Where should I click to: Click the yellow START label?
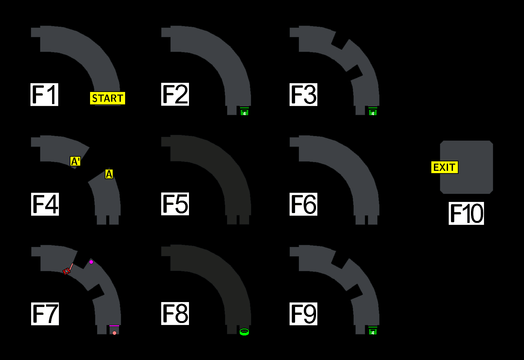(x=107, y=98)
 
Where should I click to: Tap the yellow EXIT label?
(x=444, y=167)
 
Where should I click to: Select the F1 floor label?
(x=44, y=95)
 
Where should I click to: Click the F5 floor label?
(x=175, y=204)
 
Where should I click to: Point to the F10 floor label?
(x=466, y=213)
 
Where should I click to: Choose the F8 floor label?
(x=175, y=314)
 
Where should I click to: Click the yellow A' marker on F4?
(x=75, y=161)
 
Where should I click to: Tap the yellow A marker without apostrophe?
(x=109, y=174)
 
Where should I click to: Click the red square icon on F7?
(x=66, y=271)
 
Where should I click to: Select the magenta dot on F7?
(x=91, y=262)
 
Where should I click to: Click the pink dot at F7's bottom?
(x=114, y=333)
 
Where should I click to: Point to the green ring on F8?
(x=244, y=332)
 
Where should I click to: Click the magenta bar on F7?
(x=114, y=326)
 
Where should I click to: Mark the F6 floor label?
(x=303, y=204)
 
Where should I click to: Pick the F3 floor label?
(x=303, y=95)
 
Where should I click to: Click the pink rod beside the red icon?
(x=71, y=266)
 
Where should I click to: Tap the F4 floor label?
(x=45, y=204)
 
